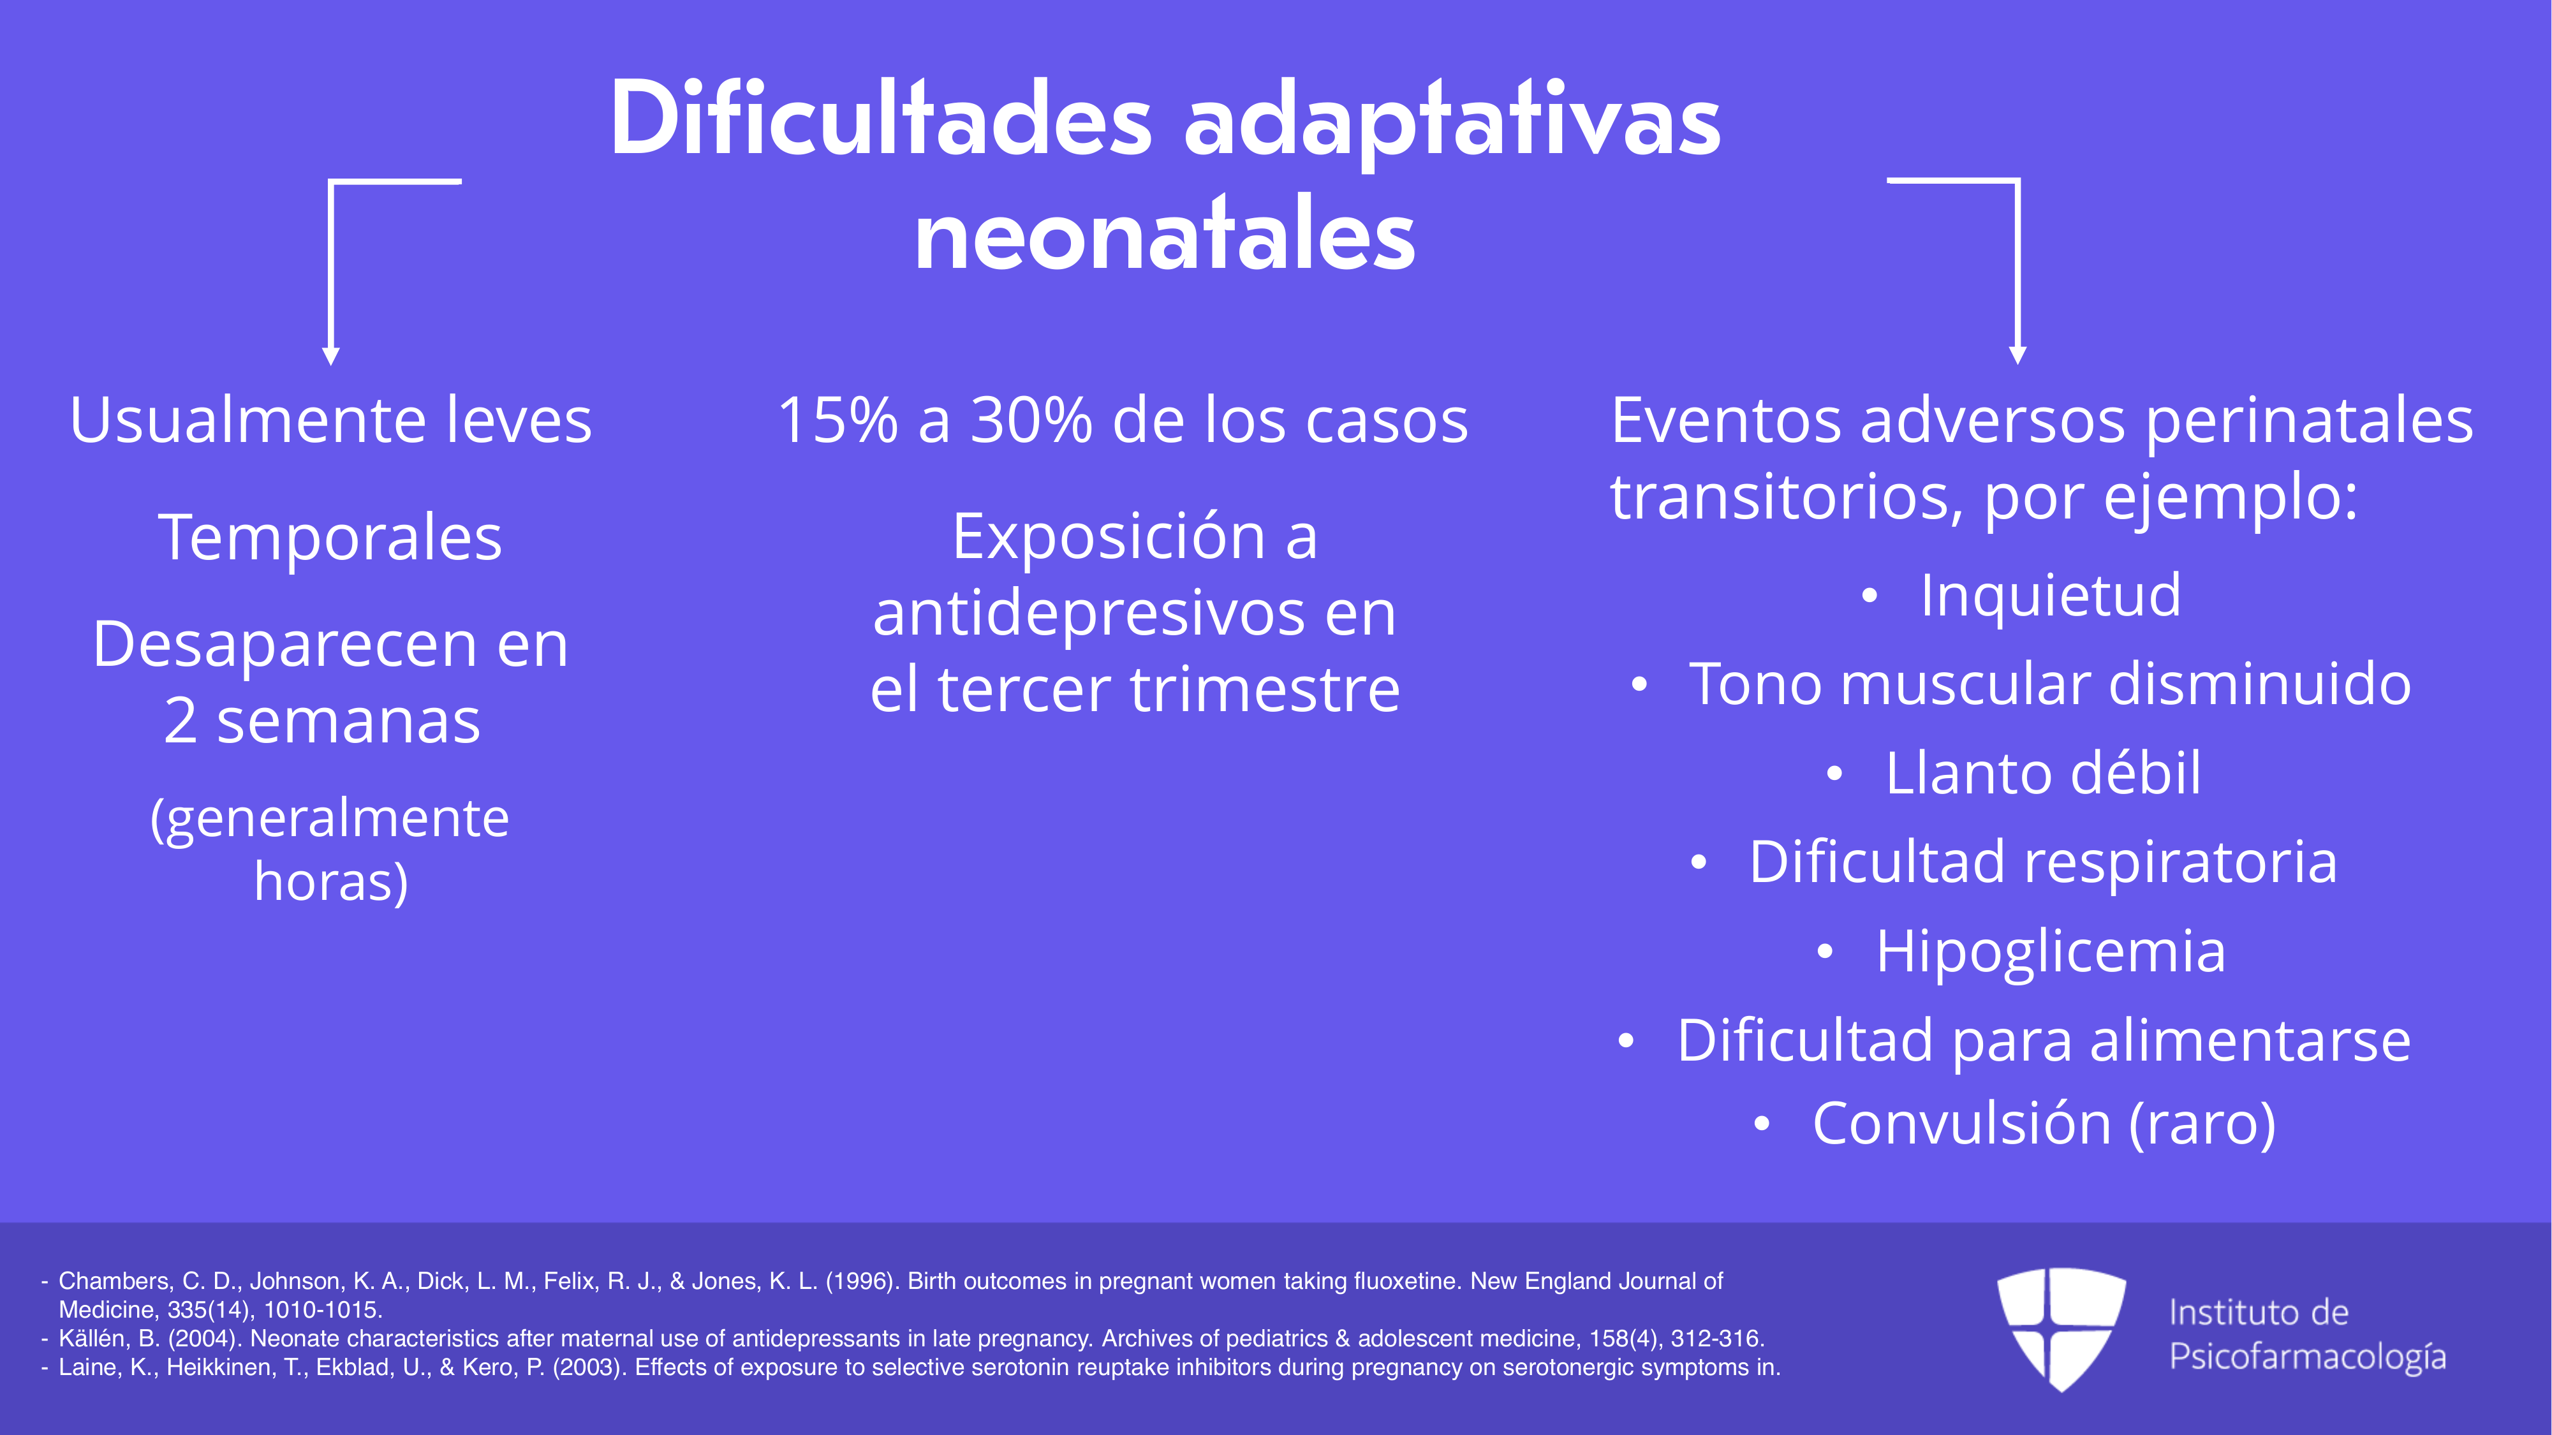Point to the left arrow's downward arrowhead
[331, 357]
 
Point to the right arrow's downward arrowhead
[2017, 355]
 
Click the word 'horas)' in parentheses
[331, 881]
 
